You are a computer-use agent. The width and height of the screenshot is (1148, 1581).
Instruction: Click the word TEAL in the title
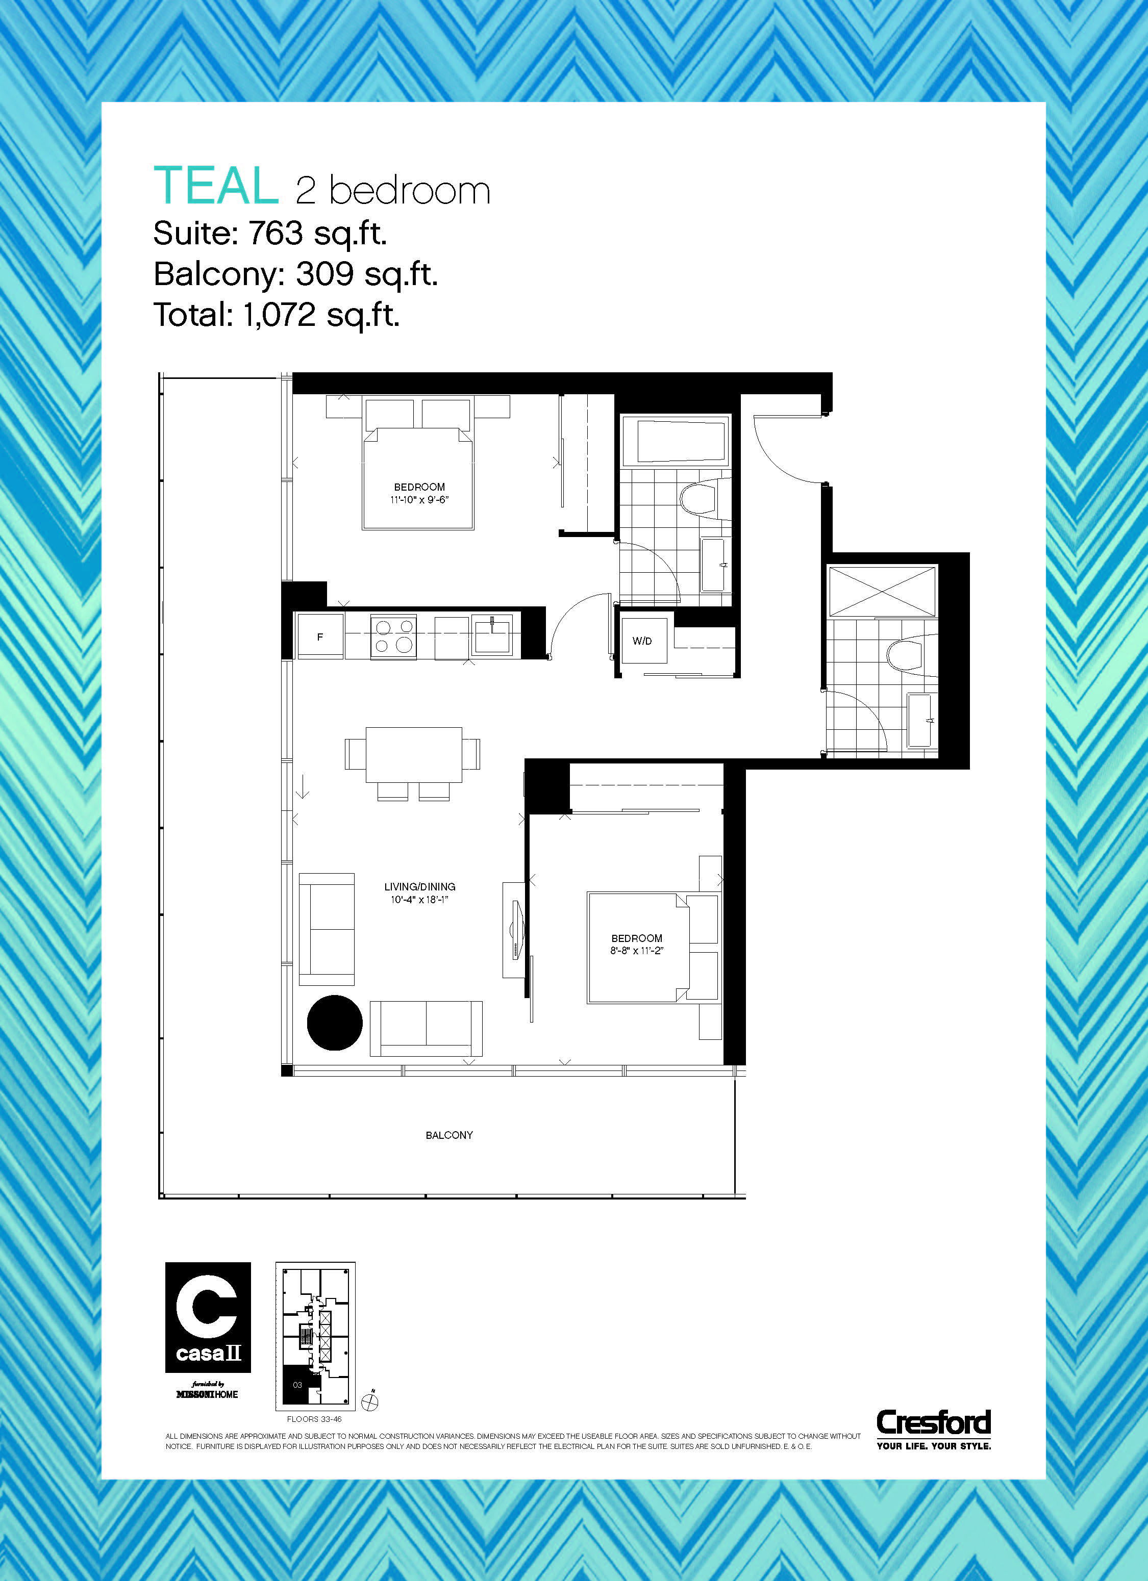(x=215, y=186)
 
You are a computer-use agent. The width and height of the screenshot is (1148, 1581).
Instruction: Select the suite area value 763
(x=276, y=233)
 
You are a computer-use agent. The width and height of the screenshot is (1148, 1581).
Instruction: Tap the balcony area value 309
(x=325, y=274)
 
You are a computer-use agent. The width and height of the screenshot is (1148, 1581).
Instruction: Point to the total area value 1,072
(x=280, y=314)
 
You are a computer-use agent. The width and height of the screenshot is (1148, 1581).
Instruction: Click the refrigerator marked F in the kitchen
(x=320, y=636)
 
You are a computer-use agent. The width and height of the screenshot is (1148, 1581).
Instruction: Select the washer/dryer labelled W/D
(x=642, y=641)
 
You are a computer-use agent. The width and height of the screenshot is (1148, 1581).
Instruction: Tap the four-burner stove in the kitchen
(x=393, y=636)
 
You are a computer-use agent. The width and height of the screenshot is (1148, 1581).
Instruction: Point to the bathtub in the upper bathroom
(x=675, y=440)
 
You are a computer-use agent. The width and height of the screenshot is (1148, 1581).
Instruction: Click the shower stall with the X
(x=882, y=591)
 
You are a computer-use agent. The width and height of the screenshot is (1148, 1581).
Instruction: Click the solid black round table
(x=335, y=1023)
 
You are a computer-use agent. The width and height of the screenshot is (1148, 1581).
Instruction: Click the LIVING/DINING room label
(x=420, y=887)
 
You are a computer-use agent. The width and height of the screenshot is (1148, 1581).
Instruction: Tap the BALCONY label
(x=449, y=1135)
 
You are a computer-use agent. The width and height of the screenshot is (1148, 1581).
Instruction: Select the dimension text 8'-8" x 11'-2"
(x=637, y=951)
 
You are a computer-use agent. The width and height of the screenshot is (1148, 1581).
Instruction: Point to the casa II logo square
(x=208, y=1317)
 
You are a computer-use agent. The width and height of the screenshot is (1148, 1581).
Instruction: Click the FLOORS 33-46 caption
(x=314, y=1419)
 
